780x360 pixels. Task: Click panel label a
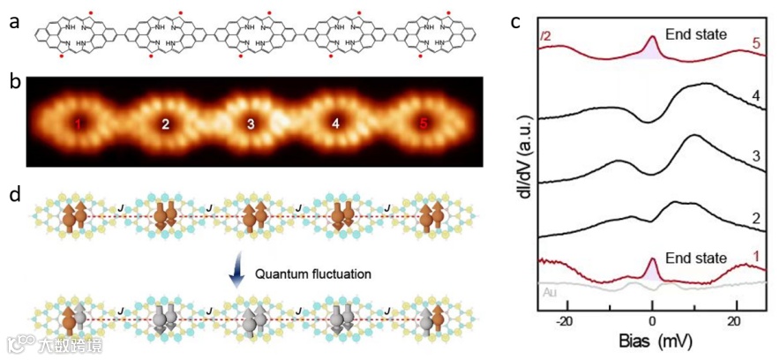[x=13, y=22]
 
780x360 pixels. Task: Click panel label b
[x=13, y=84]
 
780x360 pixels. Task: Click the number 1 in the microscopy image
[x=80, y=125]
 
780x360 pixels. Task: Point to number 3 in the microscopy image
[x=251, y=125]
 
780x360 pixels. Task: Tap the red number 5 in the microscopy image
[x=424, y=125]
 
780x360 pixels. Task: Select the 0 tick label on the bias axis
[x=652, y=322]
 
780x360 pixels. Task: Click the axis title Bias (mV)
[x=654, y=342]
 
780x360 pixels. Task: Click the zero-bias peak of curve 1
[x=652, y=260]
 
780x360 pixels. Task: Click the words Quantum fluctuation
[x=306, y=274]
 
